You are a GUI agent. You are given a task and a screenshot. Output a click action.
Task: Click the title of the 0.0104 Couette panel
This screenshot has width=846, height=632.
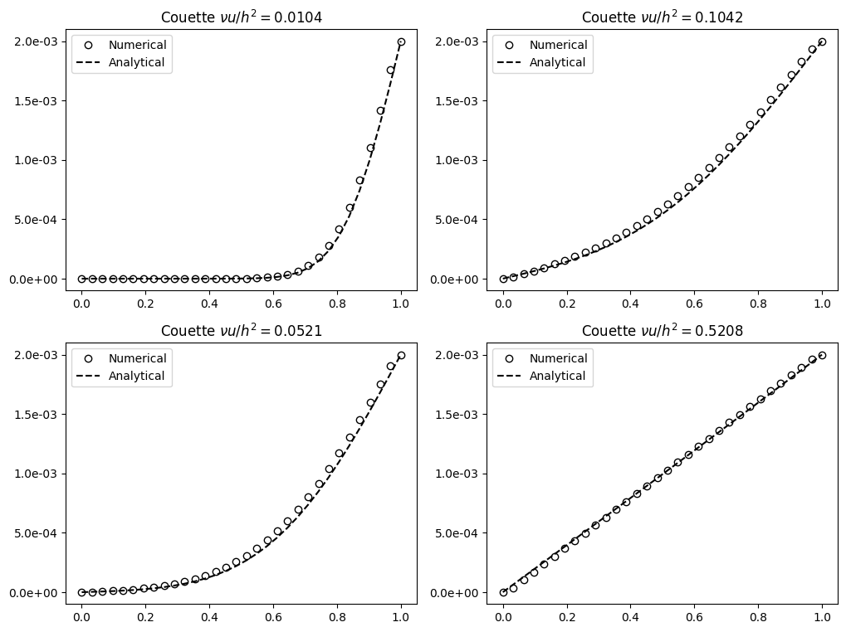(242, 17)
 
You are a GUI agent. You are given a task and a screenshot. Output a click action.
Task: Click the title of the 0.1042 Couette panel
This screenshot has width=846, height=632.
(663, 17)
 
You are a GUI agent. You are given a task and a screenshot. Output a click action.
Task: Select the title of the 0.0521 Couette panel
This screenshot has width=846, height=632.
(242, 330)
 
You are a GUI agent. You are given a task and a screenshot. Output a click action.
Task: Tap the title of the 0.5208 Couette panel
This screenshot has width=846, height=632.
(663, 330)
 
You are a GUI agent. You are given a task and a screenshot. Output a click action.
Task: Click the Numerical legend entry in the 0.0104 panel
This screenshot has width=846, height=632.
(137, 45)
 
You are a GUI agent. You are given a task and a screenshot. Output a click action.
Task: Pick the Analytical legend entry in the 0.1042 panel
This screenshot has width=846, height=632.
(558, 62)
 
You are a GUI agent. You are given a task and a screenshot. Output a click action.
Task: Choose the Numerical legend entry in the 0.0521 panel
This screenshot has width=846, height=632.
(137, 358)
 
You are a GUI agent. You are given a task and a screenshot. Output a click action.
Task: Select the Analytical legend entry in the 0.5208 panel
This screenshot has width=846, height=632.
(558, 376)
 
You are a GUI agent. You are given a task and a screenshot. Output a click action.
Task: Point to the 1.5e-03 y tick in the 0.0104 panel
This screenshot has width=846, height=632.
(36, 101)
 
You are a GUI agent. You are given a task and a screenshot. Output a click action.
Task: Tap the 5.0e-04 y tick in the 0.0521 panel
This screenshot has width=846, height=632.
(36, 533)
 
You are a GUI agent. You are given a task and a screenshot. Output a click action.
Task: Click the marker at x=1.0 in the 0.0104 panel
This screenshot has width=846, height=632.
(401, 41)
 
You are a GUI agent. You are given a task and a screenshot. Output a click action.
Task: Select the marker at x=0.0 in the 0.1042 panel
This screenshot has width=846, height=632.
(503, 279)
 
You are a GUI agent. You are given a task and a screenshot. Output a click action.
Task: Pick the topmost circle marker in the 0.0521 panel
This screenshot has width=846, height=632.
(401, 355)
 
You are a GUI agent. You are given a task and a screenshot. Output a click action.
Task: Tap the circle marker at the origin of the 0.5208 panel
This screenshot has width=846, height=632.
(503, 592)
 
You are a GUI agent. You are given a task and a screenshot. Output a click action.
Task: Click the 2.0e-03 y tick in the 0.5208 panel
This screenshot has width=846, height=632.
(457, 355)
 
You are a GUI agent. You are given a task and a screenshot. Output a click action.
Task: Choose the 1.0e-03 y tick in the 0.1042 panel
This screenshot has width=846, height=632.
(457, 160)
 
